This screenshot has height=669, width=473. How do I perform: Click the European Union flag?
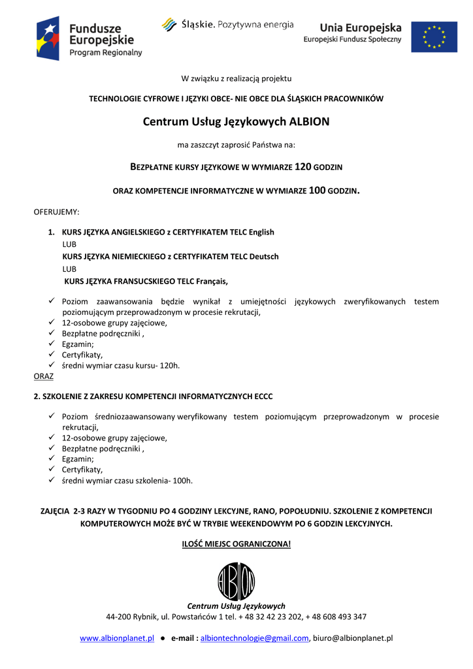[x=434, y=37]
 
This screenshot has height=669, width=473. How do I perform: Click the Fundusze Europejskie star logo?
[x=48, y=38]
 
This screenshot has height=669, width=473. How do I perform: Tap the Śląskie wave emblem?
[x=169, y=25]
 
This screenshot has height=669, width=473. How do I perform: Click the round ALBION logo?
[x=236, y=581]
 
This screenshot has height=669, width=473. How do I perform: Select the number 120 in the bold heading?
[x=302, y=167]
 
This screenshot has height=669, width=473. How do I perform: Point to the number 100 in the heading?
[x=317, y=191]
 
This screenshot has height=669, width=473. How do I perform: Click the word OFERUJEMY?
[x=56, y=212]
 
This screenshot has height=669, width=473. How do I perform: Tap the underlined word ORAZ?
[x=44, y=376]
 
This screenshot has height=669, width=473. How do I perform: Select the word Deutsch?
[x=264, y=256]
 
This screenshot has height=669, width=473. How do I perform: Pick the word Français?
[x=210, y=281]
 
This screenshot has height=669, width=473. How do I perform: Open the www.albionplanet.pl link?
[x=117, y=638]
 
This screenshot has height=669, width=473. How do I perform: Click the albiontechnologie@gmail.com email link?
[x=254, y=638]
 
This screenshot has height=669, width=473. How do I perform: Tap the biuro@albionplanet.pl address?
[x=353, y=638]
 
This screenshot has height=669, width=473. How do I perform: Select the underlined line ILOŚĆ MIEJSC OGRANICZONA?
[x=236, y=544]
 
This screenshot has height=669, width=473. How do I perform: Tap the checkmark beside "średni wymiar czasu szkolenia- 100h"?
[x=52, y=480]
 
